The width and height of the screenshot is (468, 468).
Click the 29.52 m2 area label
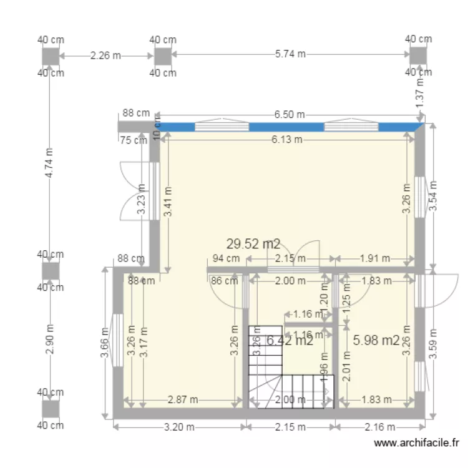click(253, 244)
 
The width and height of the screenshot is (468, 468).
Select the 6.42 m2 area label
click(290, 340)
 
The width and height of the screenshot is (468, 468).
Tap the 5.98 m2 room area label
click(376, 340)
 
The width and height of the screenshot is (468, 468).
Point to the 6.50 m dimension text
click(290, 114)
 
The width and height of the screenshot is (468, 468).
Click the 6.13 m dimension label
click(287, 140)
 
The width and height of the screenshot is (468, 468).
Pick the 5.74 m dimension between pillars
click(290, 54)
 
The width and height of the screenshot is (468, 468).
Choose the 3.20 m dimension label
click(177, 427)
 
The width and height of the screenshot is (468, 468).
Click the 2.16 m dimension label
click(379, 427)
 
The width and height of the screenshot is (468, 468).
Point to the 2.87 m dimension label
click(183, 399)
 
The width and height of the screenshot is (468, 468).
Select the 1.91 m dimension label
click(374, 258)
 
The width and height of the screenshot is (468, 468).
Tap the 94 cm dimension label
click(226, 258)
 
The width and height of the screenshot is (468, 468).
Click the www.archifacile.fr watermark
click(417, 444)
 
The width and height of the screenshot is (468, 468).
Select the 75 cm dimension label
click(133, 140)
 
